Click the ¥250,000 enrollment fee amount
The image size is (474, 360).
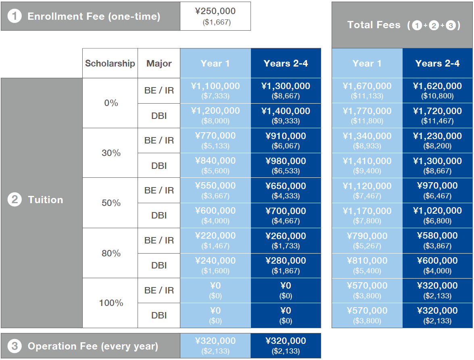click(215, 12)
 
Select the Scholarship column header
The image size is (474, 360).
click(110, 63)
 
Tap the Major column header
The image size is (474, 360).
click(159, 63)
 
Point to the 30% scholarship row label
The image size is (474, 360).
click(111, 153)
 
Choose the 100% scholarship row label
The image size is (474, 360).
click(111, 303)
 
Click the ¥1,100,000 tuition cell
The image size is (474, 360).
click(215, 86)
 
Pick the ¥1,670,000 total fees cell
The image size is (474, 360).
click(367, 86)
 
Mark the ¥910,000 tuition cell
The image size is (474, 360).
click(286, 136)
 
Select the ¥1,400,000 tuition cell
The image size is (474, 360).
click(286, 111)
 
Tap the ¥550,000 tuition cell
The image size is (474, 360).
click(215, 186)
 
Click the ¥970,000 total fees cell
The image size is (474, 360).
click(437, 186)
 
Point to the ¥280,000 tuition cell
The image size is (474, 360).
click(286, 261)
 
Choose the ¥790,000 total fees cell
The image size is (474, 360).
click(367, 236)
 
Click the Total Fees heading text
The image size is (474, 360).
click(374, 25)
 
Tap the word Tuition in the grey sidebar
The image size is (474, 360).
click(45, 200)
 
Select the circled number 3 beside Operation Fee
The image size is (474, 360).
click(15, 346)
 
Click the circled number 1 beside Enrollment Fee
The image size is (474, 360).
click(15, 17)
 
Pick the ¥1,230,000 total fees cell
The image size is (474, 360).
click(437, 136)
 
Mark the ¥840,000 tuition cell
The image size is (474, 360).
click(215, 161)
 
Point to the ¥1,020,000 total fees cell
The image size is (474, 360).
click(437, 211)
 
